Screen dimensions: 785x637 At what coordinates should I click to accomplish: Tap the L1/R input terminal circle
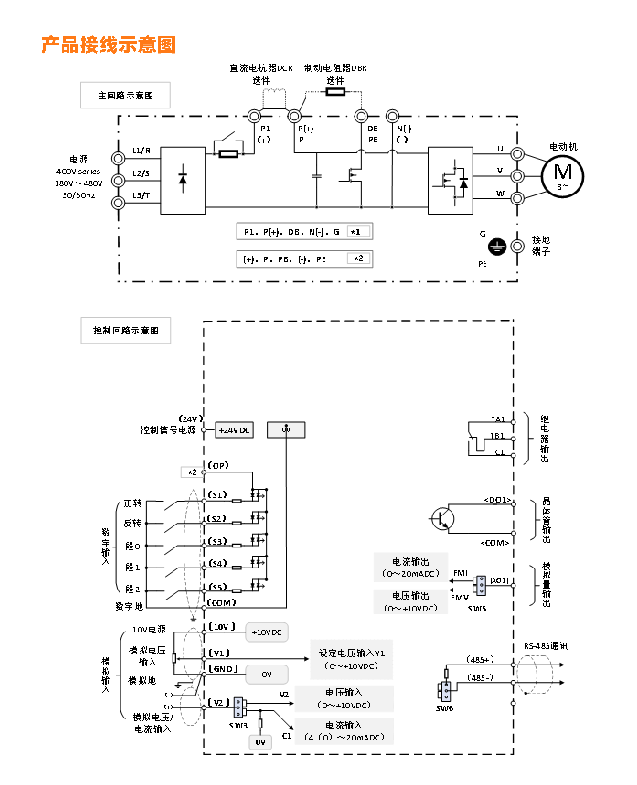coord(118,159)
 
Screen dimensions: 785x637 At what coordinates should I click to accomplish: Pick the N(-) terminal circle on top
coord(392,116)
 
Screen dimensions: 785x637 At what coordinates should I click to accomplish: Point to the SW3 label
coord(238,726)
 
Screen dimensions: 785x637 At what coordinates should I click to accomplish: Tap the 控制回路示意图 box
coord(126,330)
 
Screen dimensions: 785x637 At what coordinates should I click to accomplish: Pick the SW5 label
coord(477,608)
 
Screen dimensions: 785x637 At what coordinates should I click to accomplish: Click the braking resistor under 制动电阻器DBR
coord(335,92)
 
